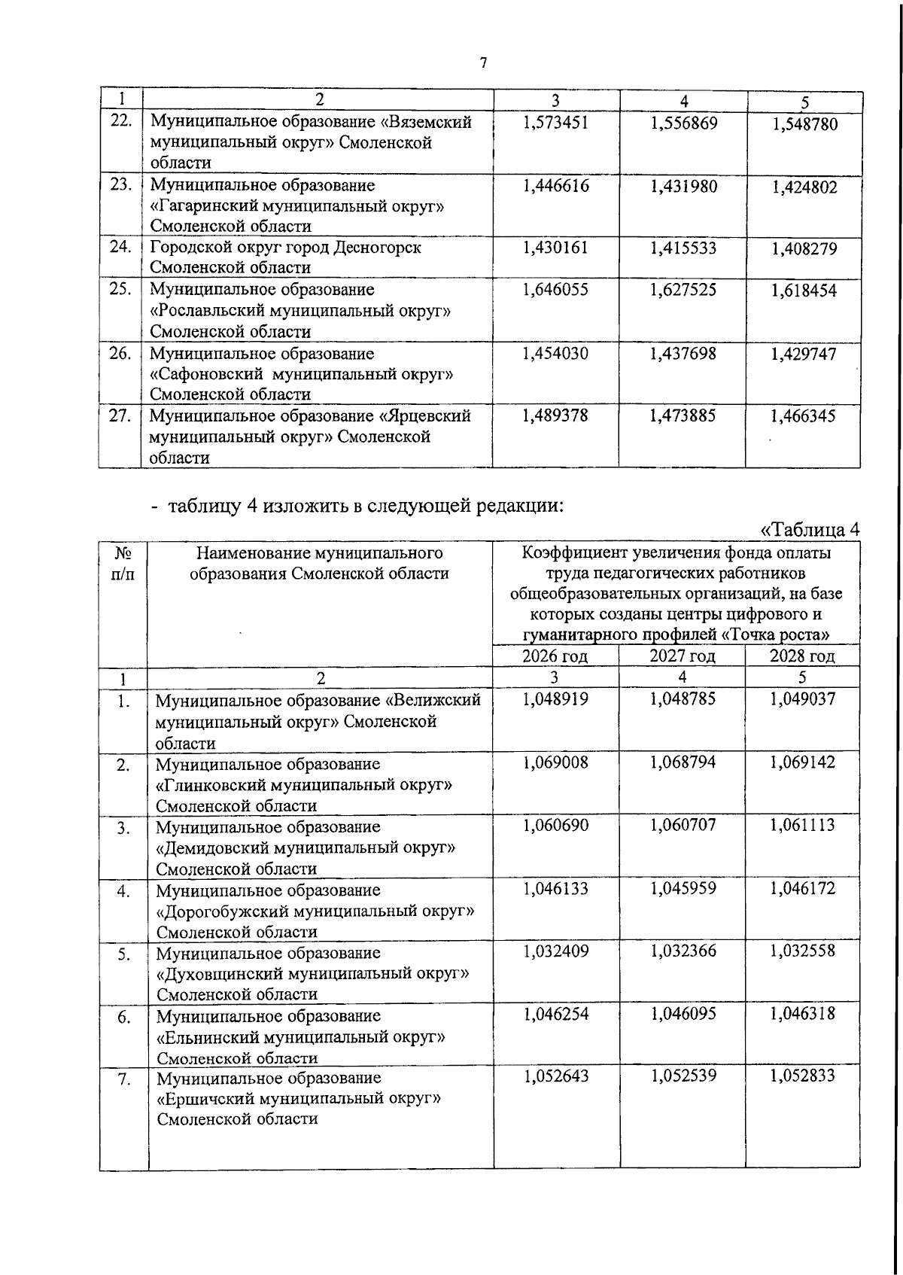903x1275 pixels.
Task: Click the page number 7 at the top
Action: [x=484, y=63]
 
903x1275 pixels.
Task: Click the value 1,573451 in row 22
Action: [x=555, y=123]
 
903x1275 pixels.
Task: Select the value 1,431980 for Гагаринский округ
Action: [x=683, y=187]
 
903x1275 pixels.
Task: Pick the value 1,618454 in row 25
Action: [x=804, y=291]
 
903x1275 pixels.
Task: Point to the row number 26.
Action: [x=120, y=353]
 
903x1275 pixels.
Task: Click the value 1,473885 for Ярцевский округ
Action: [x=683, y=415]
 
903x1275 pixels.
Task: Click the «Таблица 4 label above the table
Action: [x=810, y=530]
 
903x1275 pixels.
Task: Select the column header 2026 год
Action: [x=555, y=656]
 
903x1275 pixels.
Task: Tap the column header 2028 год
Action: [x=802, y=656]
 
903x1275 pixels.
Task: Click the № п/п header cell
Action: [x=123, y=564]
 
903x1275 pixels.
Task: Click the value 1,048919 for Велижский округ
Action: [x=555, y=698]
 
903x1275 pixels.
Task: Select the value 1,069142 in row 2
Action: [x=802, y=762]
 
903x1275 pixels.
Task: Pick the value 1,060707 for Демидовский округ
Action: [x=683, y=825]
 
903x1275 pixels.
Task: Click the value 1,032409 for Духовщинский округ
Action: [x=555, y=951]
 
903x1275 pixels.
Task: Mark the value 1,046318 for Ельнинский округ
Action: [x=802, y=1014]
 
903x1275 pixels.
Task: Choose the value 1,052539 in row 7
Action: [x=683, y=1076]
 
